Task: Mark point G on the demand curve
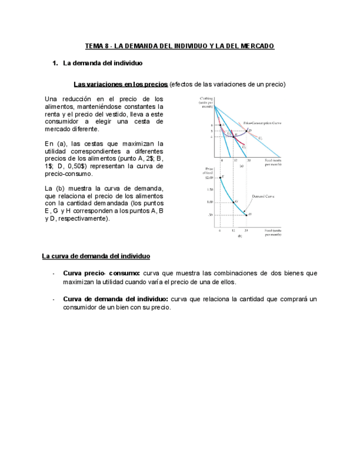[234, 202]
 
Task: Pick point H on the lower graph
[247, 214]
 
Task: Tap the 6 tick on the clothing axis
[211, 125]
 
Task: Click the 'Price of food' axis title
[208, 170]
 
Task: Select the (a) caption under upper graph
[241, 165]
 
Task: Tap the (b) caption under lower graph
[240, 236]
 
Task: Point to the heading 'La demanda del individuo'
[102, 64]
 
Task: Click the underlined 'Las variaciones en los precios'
[120, 84]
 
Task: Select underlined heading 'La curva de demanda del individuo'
[96, 256]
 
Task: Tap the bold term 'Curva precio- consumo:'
[102, 273]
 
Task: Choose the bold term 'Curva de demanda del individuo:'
[116, 299]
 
